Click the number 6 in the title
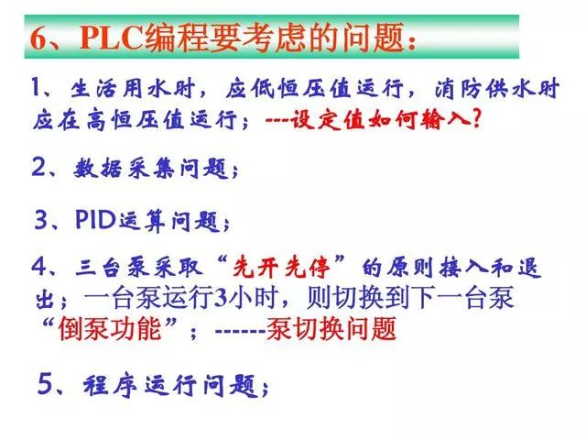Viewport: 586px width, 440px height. (38, 38)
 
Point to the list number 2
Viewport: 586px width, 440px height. (38, 168)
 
